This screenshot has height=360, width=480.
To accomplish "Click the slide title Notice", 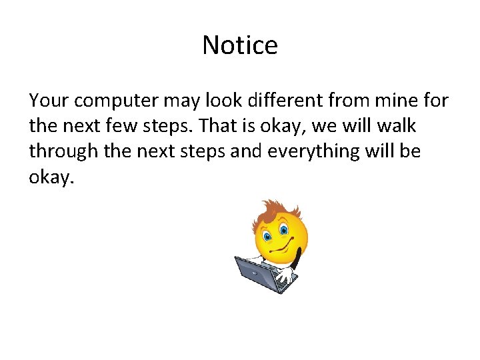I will pos(240,45).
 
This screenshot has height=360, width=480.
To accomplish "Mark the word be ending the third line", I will pos(410,151).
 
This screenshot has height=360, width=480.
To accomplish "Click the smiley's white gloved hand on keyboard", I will pos(285,273).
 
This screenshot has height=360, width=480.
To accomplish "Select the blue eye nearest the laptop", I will pos(267,237).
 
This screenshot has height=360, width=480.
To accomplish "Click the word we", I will pos(349,126).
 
